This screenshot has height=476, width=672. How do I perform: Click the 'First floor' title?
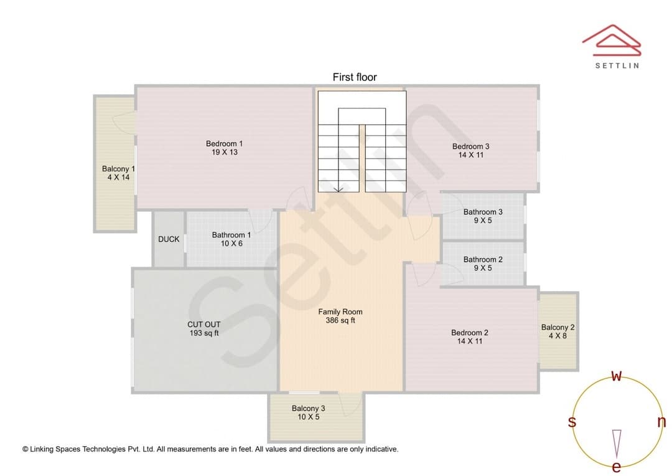(355, 77)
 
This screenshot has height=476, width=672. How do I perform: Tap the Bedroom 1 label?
(224, 144)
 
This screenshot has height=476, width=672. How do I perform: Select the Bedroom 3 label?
(470, 146)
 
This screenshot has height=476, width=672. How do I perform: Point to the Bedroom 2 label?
(469, 333)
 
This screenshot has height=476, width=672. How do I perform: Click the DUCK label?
(169, 239)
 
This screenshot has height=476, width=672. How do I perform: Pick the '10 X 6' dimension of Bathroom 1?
(231, 244)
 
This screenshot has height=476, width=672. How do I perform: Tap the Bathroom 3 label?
(483, 212)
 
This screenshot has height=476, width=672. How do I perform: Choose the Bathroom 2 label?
(483, 260)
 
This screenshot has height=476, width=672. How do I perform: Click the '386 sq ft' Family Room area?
(340, 320)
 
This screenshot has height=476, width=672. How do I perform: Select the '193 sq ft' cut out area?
(204, 333)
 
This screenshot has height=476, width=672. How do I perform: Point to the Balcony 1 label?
(118, 169)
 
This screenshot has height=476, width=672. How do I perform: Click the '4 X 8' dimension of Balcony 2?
(558, 336)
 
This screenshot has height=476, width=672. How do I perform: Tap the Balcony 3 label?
(308, 409)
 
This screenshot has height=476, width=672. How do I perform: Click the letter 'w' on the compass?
(616, 376)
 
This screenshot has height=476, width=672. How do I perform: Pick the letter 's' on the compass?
(572, 422)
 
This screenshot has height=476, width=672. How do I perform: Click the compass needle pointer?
(616, 444)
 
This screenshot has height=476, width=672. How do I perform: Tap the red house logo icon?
(612, 40)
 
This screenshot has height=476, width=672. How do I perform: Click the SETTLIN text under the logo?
(617, 65)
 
